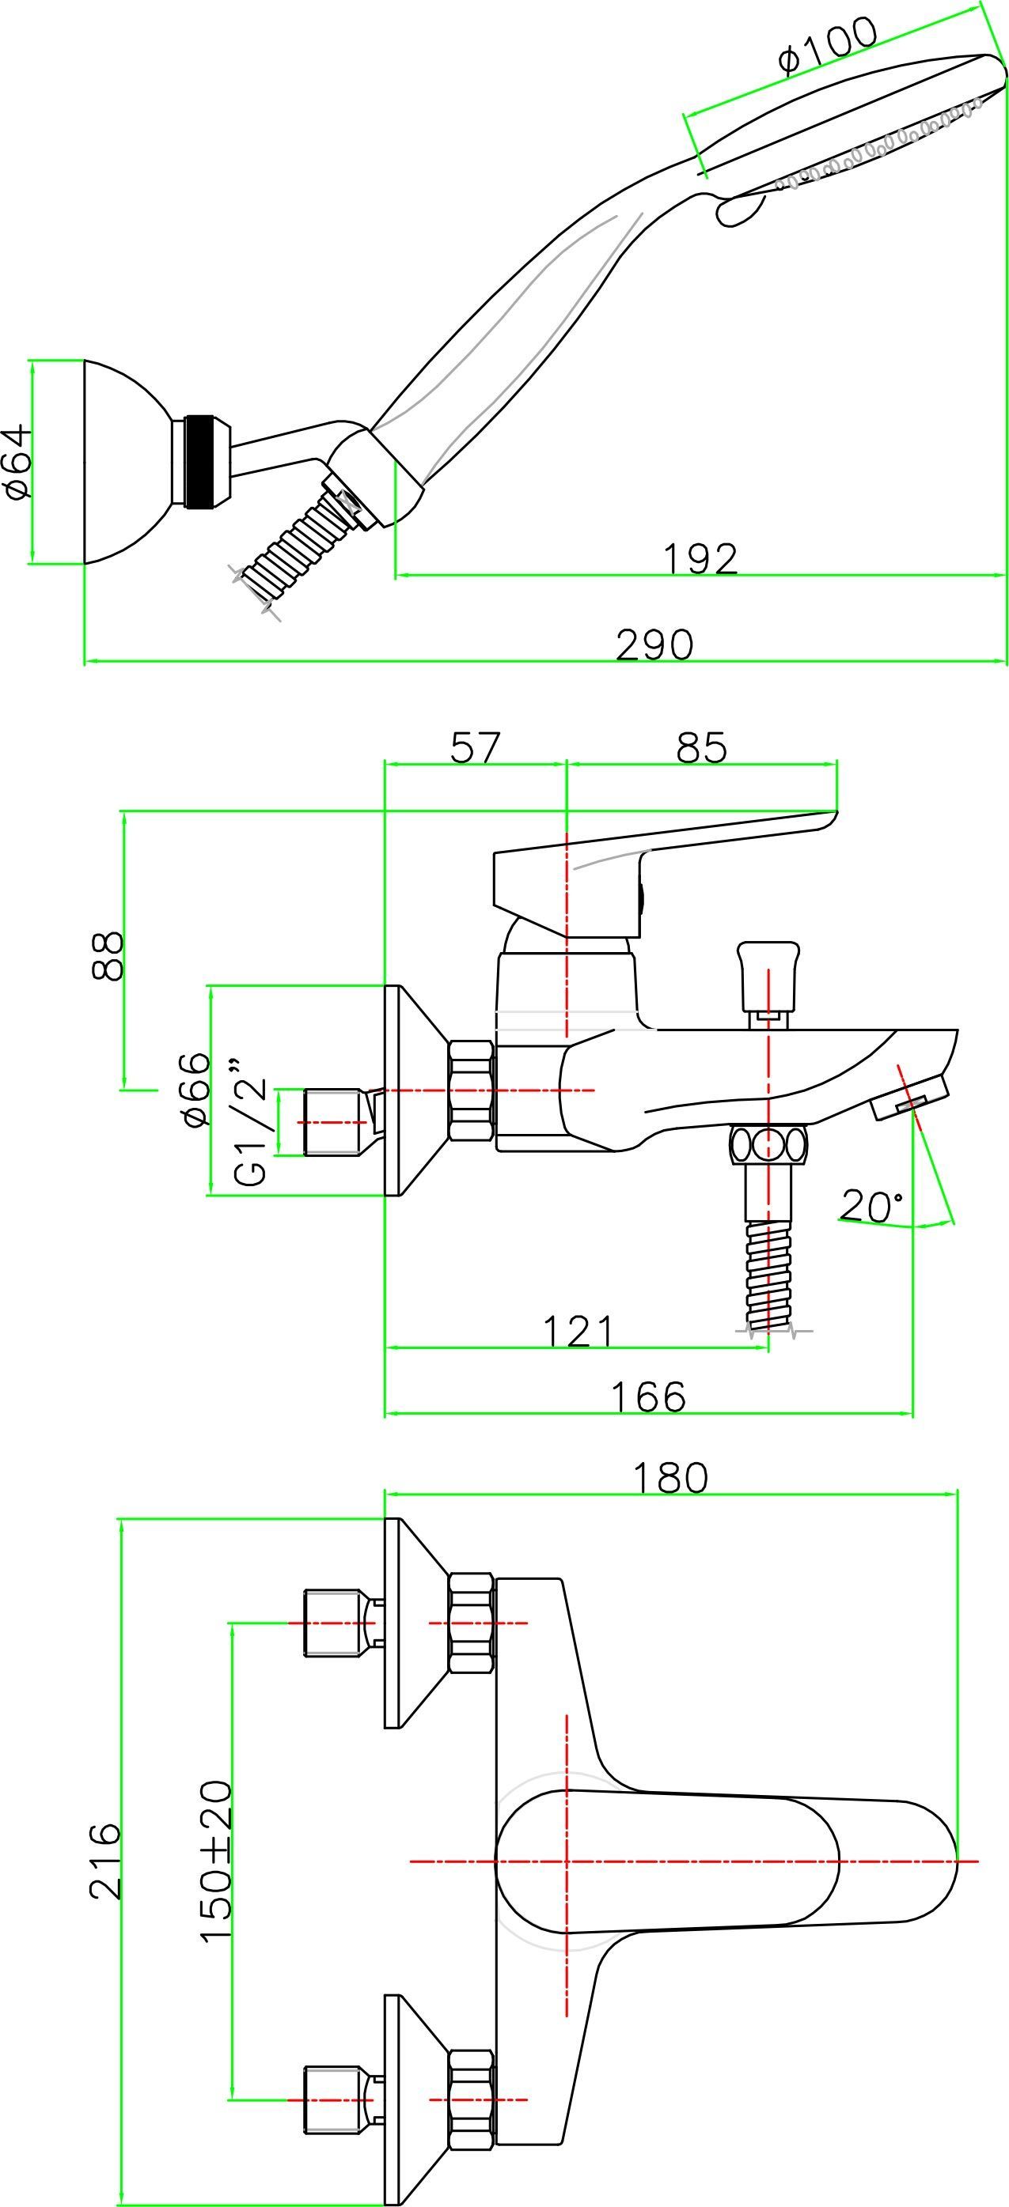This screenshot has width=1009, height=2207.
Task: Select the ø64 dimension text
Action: tap(19, 462)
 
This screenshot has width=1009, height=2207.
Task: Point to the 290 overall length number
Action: tap(654, 644)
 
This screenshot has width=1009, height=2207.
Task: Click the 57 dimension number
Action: tap(474, 747)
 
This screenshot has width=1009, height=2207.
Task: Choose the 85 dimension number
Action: tap(701, 747)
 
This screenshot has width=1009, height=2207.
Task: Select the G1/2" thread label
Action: tap(250, 1123)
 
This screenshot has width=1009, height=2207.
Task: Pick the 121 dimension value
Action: tap(578, 1331)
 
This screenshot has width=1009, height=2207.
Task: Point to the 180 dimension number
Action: tap(670, 1478)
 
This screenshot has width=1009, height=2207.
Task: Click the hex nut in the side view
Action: tap(472, 1090)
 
